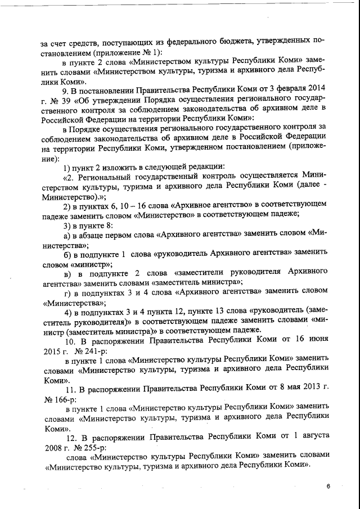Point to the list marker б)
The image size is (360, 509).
69,254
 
